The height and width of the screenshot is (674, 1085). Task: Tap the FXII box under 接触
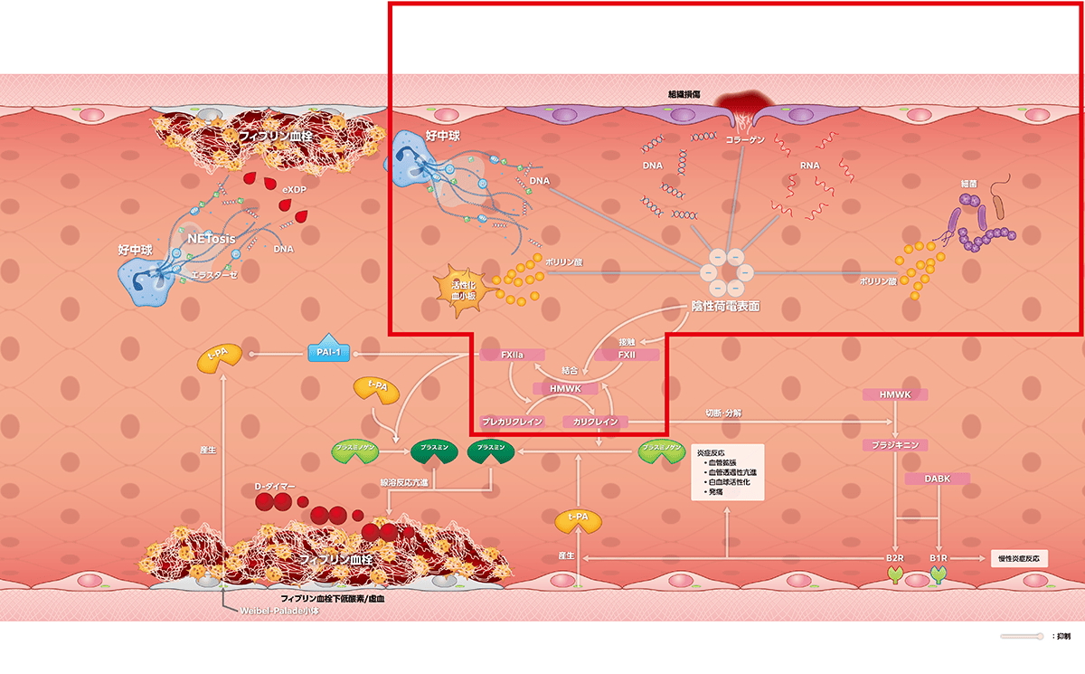627,355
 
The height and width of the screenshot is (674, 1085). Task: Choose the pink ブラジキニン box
895,445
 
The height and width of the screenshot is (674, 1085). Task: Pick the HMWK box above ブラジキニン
895,395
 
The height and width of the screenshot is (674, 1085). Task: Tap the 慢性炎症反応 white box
1019,558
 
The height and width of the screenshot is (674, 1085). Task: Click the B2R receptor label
895,559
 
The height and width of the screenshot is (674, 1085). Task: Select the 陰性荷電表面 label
724,307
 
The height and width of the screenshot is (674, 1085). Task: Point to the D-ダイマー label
276,488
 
